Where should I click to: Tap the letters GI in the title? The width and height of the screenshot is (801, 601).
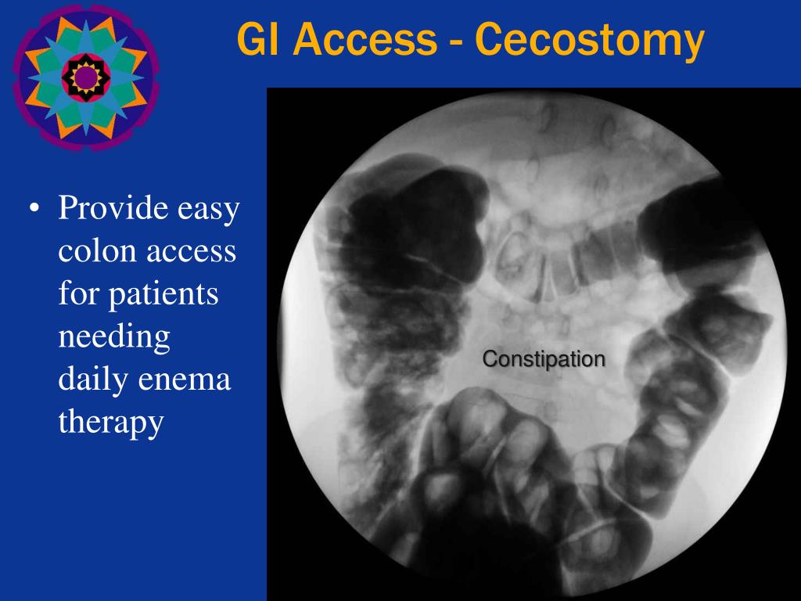(x=260, y=41)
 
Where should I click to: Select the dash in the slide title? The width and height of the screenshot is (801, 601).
(x=458, y=44)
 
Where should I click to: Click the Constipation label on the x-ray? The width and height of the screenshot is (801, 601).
(x=544, y=360)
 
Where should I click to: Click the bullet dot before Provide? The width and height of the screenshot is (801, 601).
(x=34, y=211)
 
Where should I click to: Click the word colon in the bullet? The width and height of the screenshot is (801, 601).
(x=92, y=253)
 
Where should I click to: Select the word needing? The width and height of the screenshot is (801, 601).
(x=114, y=338)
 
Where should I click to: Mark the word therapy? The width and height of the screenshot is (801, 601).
(x=110, y=423)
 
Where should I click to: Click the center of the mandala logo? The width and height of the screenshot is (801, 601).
(x=84, y=77)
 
